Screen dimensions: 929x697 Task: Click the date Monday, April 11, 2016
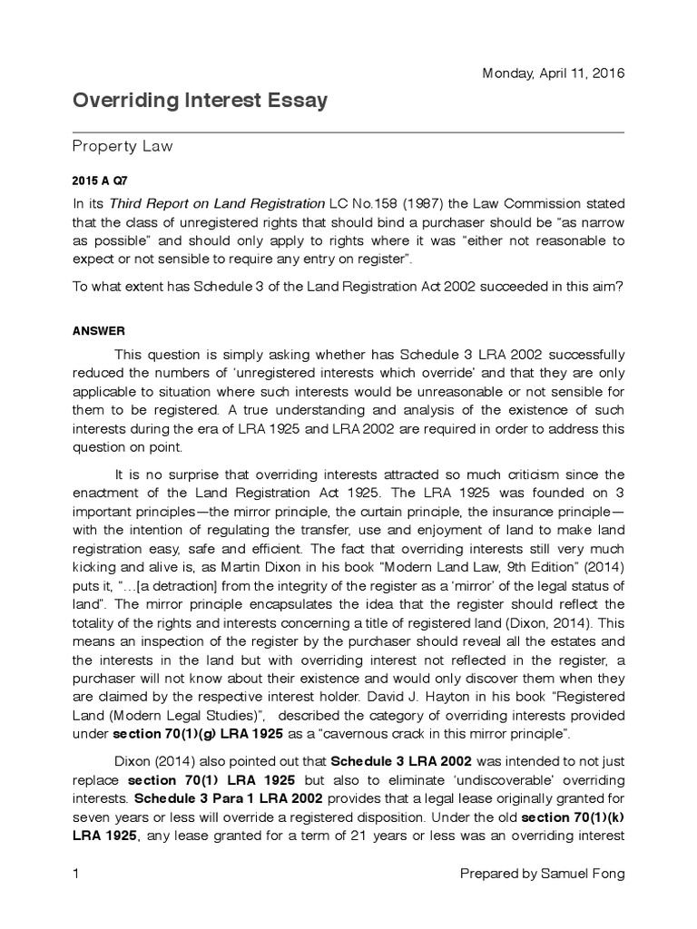(x=553, y=73)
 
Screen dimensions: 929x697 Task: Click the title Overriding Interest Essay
(x=200, y=101)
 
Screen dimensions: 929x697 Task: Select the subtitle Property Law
(x=123, y=145)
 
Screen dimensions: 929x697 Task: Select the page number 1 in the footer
(x=76, y=874)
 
